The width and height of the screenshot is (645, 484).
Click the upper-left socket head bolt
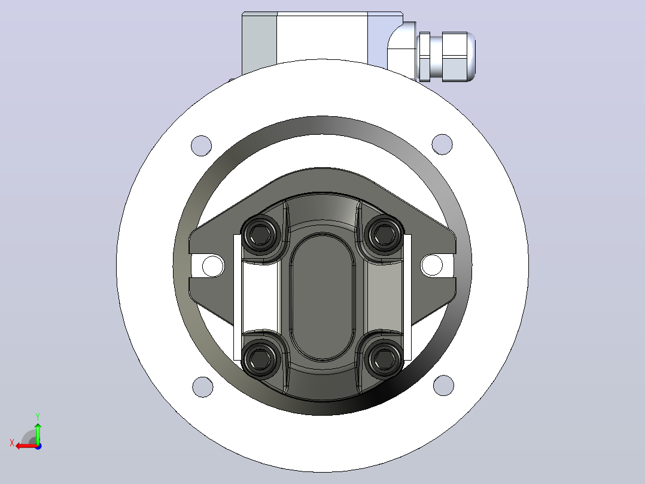[260, 235]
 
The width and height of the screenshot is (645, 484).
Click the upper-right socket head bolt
[384, 234]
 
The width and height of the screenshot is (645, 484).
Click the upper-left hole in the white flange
[202, 146]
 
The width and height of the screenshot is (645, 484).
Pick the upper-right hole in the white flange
[442, 144]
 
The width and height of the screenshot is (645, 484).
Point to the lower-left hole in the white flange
[203, 387]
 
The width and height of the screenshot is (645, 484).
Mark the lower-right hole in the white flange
[443, 385]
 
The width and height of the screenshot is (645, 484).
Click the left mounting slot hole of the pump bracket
[212, 266]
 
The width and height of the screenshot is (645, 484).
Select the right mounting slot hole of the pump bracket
[431, 265]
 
